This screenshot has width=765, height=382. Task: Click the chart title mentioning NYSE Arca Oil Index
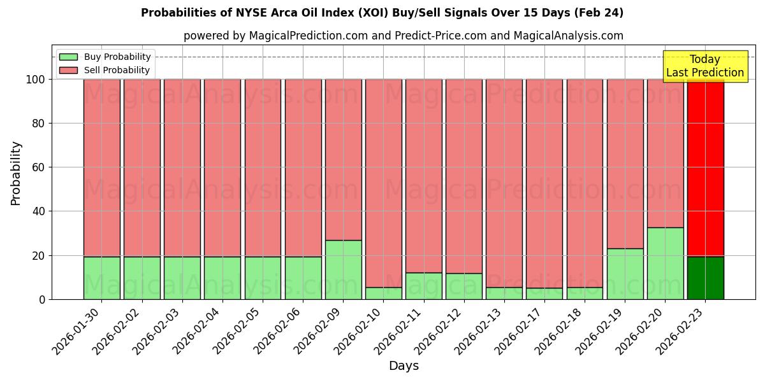pyautogui.click(x=382, y=13)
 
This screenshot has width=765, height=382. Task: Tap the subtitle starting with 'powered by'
pyautogui.click(x=403, y=36)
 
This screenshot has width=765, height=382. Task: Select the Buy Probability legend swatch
pyautogui.click(x=68, y=57)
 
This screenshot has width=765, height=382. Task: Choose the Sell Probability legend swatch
pyautogui.click(x=68, y=70)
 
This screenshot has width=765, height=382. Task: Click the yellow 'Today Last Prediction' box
pyautogui.click(x=704, y=66)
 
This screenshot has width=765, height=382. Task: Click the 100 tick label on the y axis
pyautogui.click(x=35, y=80)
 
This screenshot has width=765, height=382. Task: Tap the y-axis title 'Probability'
pyautogui.click(x=16, y=173)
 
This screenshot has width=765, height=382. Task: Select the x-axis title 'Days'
pyautogui.click(x=404, y=365)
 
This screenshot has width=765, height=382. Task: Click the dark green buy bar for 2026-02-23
pyautogui.click(x=706, y=278)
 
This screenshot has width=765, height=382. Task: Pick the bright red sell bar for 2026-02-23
pyautogui.click(x=706, y=167)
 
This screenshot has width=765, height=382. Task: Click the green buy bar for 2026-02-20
pyautogui.click(x=665, y=264)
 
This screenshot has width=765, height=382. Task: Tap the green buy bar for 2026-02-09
pyautogui.click(x=343, y=270)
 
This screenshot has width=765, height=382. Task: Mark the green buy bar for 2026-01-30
pyautogui.click(x=101, y=278)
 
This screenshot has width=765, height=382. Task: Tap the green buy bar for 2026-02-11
pyautogui.click(x=423, y=286)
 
